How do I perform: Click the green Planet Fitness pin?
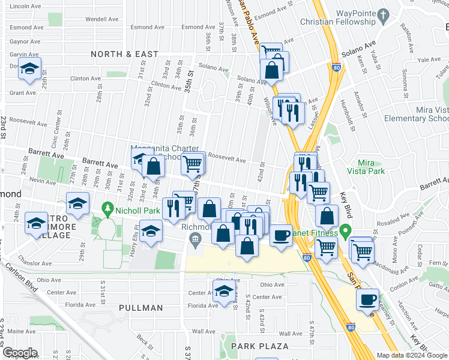(x=345, y=231)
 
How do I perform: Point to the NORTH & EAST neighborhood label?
(x=125, y=54)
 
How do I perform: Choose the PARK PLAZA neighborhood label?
(x=261, y=346)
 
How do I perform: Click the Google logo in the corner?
(x=20, y=353)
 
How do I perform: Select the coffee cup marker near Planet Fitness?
(x=280, y=235)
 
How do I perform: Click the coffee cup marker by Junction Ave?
(x=367, y=299)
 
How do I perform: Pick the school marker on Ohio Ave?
(x=224, y=290)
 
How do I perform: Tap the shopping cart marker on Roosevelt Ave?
(x=193, y=163)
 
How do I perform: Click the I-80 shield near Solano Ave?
(x=336, y=68)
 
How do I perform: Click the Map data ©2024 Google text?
(x=411, y=355)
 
